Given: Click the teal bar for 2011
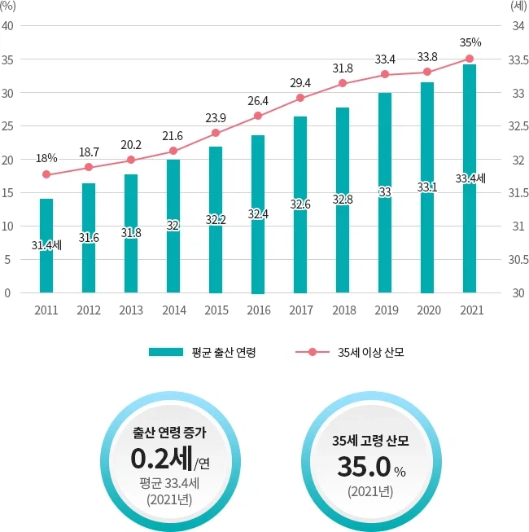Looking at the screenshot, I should pos(46,244).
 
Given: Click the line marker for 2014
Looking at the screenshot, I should pos(173,151).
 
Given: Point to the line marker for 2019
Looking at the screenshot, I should pos(385,74).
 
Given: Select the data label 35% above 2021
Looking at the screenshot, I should pos(470,42).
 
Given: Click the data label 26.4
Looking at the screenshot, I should pos(258,101).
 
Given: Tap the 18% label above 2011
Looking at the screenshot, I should pos(46,157).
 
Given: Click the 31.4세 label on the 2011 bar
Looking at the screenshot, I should pos(46,244).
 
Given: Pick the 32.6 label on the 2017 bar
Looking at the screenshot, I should pos(300,204).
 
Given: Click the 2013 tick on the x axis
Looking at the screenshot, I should pos(131,310).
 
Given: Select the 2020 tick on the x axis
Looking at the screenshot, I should pos(427,310).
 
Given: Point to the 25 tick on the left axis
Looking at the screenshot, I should pos(7,126).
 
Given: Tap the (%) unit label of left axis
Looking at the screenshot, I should pos(9,7).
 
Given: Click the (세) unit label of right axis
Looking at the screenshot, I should pos(518,7).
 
